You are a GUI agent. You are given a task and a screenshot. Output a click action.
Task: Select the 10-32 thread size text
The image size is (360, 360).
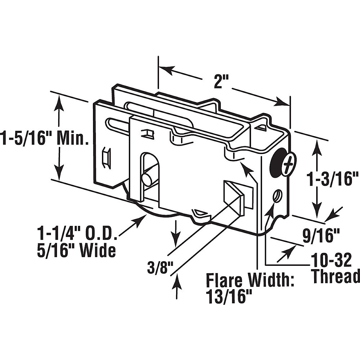point(331,261)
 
